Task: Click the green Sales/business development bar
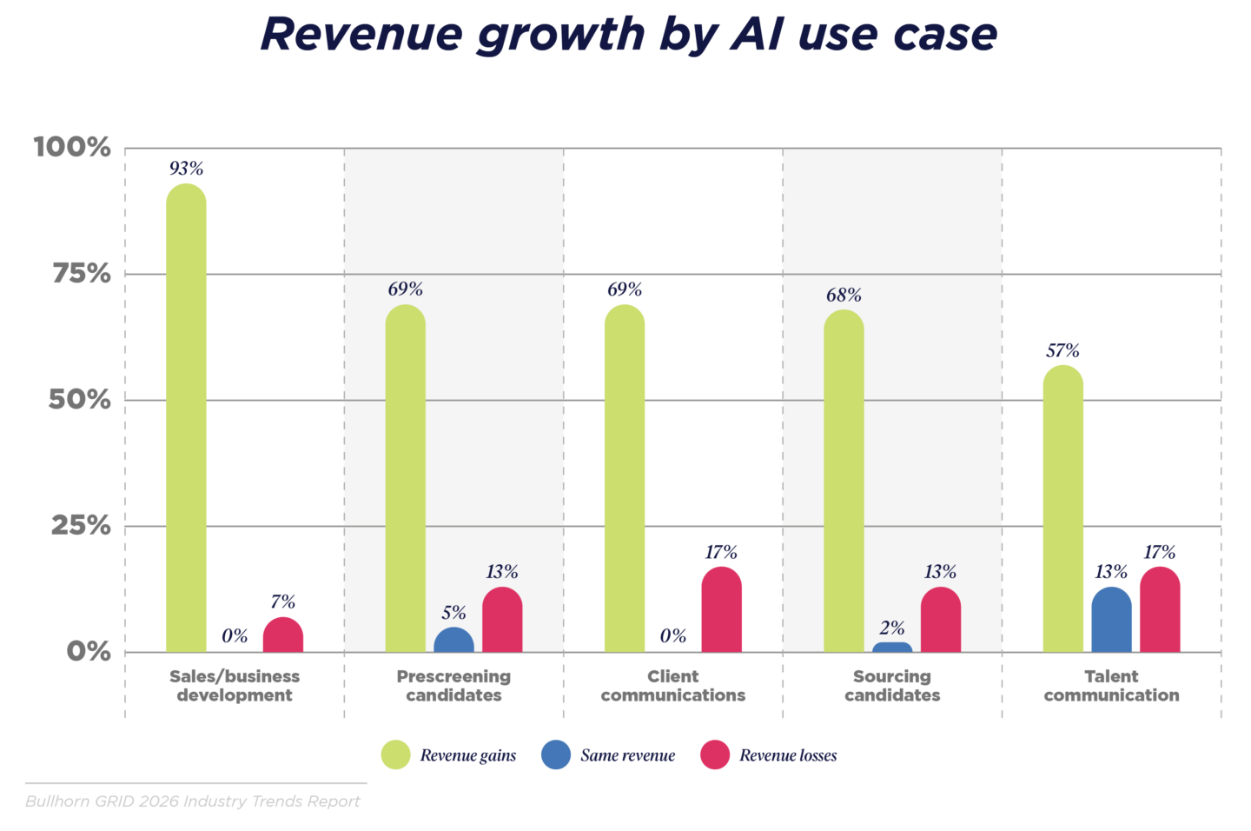point(186,417)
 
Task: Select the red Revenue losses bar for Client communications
point(721,610)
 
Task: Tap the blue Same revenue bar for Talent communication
point(1111,620)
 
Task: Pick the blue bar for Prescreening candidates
point(453,641)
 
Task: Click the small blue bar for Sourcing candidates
point(892,648)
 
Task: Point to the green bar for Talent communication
point(1062,509)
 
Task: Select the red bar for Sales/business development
point(283,635)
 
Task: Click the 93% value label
point(186,169)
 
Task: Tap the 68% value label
point(844,296)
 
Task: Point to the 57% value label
point(1062,351)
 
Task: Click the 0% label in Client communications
point(672,636)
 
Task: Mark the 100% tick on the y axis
point(73,147)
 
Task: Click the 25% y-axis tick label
point(81,526)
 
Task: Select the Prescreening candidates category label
point(453,686)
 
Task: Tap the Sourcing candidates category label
point(892,686)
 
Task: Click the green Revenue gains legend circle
point(396,755)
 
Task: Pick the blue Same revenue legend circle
point(556,755)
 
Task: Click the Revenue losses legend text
point(788,756)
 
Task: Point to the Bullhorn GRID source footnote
point(193,801)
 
